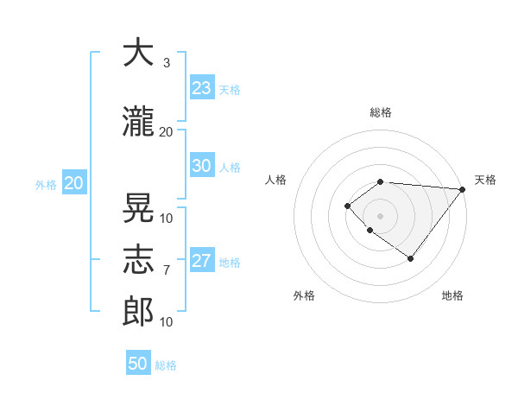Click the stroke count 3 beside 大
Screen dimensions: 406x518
(166, 63)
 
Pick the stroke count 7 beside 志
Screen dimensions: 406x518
(167, 270)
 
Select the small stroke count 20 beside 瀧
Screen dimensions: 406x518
(166, 131)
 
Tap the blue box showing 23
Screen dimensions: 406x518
(201, 87)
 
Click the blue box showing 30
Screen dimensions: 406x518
(201, 166)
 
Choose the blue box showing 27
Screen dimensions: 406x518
(201, 261)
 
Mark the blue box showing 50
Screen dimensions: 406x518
(137, 364)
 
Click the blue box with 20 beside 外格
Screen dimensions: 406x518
(73, 183)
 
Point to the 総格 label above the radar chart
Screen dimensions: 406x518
(380, 112)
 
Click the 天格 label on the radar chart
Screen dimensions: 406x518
(485, 180)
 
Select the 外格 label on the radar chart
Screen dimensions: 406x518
(304, 295)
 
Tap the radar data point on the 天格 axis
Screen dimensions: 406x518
(463, 189)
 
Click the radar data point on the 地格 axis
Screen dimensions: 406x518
(411, 258)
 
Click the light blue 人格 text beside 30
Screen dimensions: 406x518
(229, 167)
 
